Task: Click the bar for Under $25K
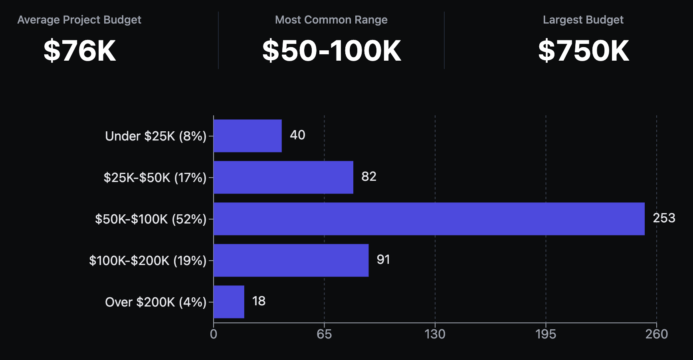247,136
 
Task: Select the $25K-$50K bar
283,177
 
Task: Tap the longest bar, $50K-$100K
429,219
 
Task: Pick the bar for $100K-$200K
291,260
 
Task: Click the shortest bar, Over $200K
229,302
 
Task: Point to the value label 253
664,218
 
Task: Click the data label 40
297,135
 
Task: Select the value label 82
369,176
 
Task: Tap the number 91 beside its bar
383,259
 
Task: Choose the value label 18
259,301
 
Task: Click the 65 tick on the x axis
324,334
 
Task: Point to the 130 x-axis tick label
435,334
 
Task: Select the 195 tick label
546,334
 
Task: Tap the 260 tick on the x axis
656,334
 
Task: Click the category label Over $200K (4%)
156,302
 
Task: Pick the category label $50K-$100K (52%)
150,219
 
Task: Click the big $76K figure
79,51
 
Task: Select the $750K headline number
583,51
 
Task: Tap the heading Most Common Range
331,20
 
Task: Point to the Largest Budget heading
583,20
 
